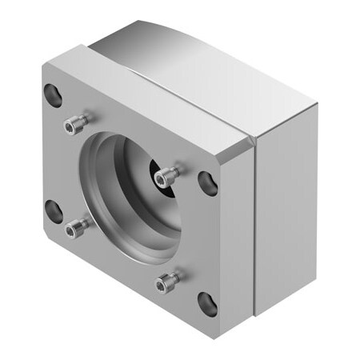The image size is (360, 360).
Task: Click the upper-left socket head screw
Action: pyautogui.click(x=76, y=122)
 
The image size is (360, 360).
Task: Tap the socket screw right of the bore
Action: pyautogui.click(x=167, y=175)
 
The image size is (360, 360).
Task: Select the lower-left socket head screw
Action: pyautogui.click(x=75, y=230)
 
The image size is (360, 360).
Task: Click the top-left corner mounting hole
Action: pyautogui.click(x=53, y=94)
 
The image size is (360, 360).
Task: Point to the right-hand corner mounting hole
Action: pyautogui.click(x=208, y=182)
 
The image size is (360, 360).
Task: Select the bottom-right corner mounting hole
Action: pyautogui.click(x=207, y=302)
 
